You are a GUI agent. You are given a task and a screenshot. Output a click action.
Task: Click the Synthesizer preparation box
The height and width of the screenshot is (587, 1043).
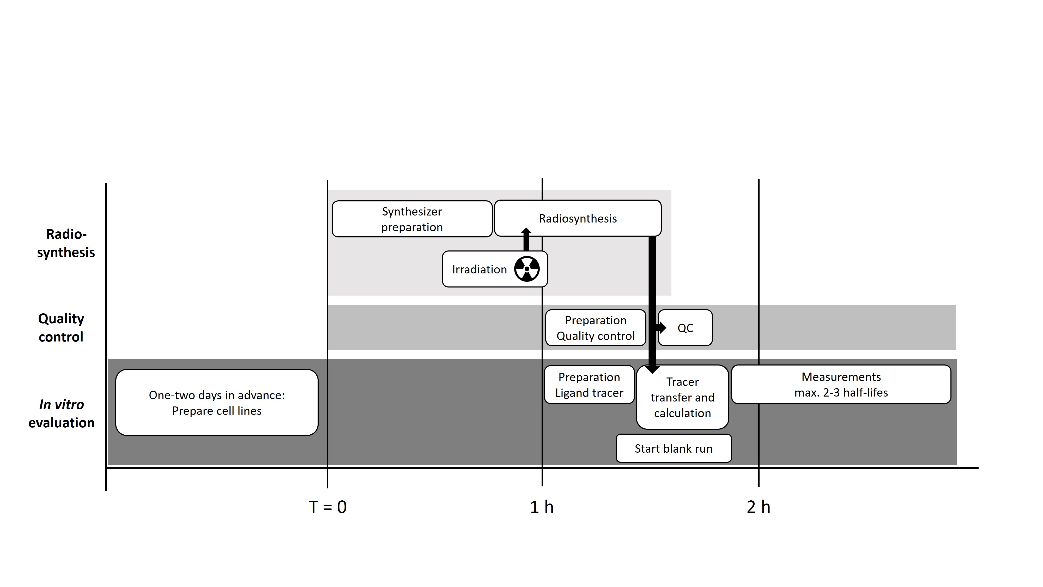[412, 219]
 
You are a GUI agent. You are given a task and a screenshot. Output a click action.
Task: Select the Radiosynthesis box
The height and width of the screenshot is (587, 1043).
[578, 218]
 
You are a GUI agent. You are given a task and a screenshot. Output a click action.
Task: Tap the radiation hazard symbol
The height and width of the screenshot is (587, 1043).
[527, 269]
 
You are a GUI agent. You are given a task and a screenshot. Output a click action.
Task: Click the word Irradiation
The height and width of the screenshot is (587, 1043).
[480, 269]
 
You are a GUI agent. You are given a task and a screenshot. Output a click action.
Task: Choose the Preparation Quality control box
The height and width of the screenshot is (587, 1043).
[595, 328]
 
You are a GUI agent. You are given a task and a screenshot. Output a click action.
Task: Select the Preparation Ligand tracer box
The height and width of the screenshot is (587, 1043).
[589, 385]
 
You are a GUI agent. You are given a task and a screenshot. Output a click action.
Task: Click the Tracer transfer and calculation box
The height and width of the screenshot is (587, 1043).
[683, 397]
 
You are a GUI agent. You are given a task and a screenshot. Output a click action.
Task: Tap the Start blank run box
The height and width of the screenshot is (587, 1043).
[673, 448]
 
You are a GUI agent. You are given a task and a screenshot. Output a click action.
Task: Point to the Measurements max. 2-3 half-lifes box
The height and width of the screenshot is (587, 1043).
[841, 385]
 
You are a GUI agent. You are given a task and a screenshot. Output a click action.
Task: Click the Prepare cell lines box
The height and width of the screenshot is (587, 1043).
[217, 403]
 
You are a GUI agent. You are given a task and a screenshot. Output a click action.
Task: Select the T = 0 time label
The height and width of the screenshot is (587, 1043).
[328, 507]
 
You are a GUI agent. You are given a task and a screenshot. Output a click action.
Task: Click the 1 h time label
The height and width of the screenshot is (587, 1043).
[542, 507]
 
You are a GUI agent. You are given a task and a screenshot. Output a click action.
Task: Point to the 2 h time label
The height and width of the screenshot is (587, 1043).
[758, 507]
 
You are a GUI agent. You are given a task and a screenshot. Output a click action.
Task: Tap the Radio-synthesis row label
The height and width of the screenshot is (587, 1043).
[66, 243]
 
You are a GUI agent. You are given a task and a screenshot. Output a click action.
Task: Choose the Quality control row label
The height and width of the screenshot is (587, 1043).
[61, 328]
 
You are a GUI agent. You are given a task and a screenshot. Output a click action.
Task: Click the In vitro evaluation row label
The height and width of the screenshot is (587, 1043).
[62, 414]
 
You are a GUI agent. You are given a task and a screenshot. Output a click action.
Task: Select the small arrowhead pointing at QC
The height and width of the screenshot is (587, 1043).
[661, 327]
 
